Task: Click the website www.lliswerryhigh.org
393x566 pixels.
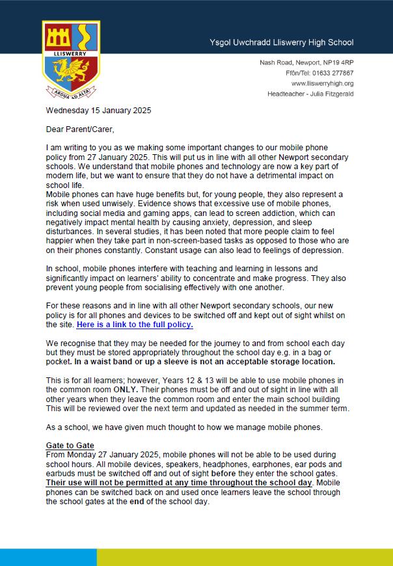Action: [x=322, y=83]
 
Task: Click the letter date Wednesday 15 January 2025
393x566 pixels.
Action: [x=98, y=111]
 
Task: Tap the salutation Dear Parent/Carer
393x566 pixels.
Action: [x=79, y=129]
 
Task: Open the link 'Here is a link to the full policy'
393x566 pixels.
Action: [x=135, y=325]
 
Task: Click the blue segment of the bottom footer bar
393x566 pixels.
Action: [x=48, y=557]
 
